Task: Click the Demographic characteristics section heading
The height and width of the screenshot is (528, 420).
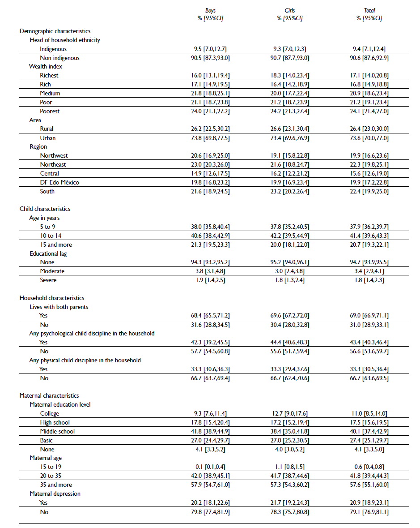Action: point(55,31)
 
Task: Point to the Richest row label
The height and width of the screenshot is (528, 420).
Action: point(49,75)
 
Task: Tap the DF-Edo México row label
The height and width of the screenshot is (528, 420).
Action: point(60,182)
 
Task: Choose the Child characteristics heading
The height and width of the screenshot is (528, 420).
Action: point(45,209)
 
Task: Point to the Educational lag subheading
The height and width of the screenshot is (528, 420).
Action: point(48,253)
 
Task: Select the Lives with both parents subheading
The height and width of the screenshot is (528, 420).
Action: point(59,307)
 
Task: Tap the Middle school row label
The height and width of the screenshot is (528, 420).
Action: point(57,431)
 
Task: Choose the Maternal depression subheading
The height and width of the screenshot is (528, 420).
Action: point(55,494)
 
